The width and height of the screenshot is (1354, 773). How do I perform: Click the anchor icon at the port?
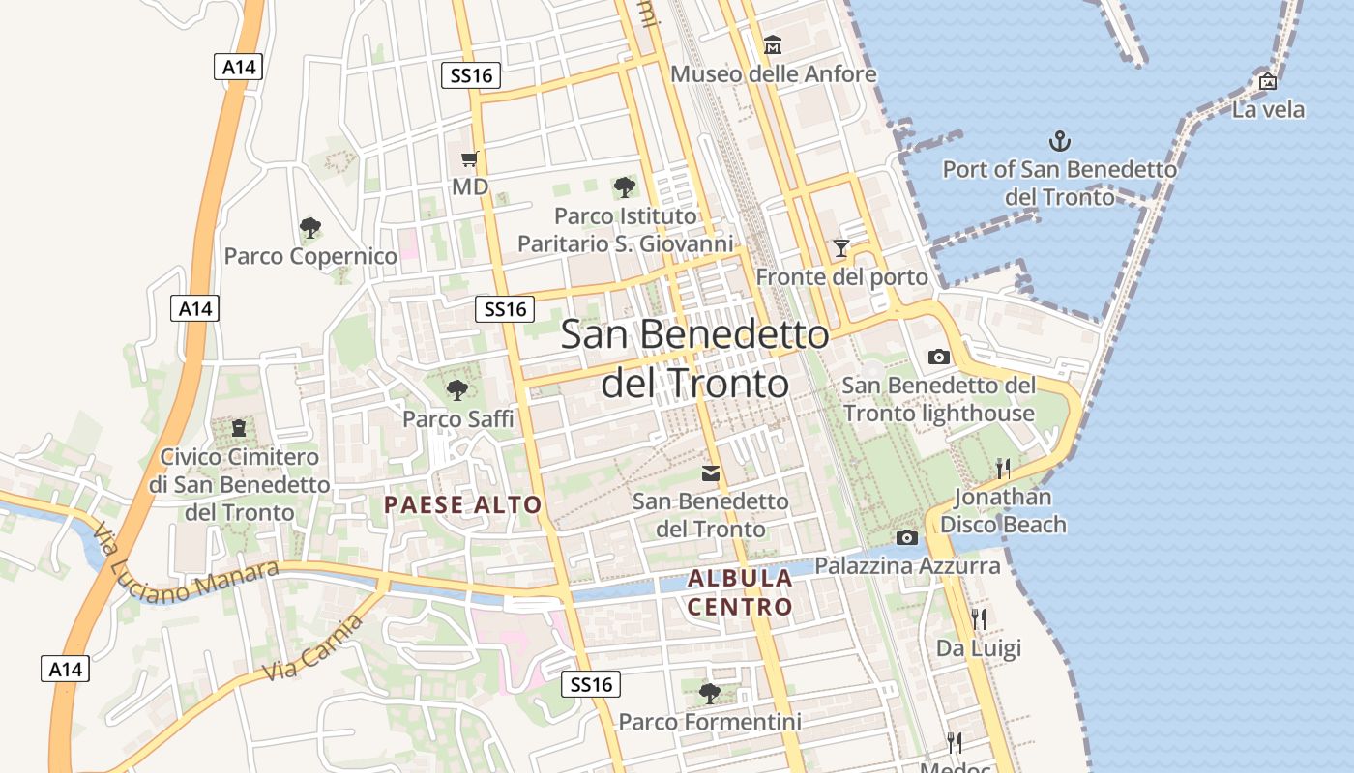1061,141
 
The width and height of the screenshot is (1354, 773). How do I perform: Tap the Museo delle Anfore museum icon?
773,44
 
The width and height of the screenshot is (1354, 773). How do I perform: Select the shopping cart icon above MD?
470,158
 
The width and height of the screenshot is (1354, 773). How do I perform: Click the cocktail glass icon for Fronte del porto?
841,248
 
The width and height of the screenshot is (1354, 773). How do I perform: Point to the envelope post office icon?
711,472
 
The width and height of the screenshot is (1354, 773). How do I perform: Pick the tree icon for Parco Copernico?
310,228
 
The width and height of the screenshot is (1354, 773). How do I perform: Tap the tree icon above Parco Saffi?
457,390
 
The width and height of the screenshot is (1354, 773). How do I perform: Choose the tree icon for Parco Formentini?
710,693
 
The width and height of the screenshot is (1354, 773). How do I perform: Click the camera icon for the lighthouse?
938,357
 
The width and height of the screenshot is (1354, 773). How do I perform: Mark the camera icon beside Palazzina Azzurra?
906,537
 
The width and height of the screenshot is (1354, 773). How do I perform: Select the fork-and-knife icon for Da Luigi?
979,618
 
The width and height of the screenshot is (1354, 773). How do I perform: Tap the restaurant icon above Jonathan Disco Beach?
1003,469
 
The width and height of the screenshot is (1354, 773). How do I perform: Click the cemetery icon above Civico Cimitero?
239,427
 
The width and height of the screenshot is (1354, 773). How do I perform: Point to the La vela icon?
1268,81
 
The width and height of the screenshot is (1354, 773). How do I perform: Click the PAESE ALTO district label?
463,504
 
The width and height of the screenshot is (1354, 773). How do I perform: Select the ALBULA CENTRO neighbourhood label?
740,592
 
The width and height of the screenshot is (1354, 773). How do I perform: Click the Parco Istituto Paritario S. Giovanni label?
626,230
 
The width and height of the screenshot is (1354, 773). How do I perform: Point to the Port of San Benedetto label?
1060,183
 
